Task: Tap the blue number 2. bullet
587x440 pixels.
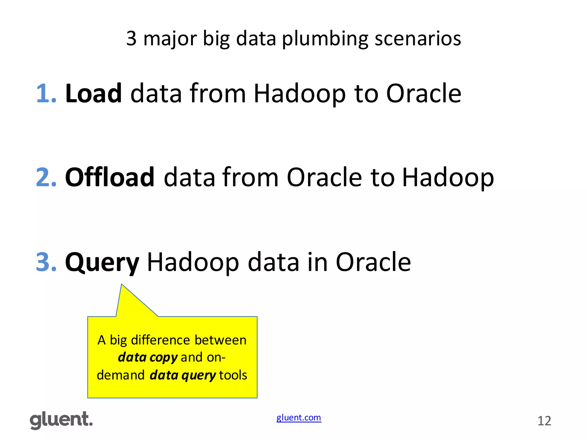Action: pos(46,177)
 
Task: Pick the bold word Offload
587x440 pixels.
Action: pos(110,177)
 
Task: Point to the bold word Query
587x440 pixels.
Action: pos(102,262)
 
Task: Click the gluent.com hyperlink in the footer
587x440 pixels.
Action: pos(299,418)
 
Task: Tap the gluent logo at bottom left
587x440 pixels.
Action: pos(61,420)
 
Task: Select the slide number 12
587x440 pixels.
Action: pos(544,421)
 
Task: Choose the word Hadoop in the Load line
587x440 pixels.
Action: pos(300,94)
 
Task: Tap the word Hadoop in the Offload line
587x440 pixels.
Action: pos(448,178)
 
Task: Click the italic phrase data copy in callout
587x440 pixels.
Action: pos(148,357)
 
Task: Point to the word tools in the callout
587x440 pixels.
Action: pos(233,375)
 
